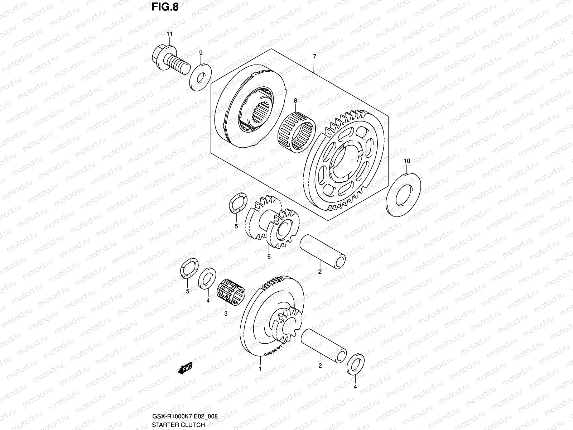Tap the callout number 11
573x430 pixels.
(x=169, y=34)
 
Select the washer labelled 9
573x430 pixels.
(x=201, y=77)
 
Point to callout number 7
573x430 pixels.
(x=314, y=57)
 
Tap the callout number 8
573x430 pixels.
(x=295, y=101)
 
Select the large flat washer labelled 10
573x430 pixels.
(x=404, y=193)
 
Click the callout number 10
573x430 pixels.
(x=406, y=161)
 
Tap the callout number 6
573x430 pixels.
(x=269, y=256)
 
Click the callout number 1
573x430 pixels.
(x=260, y=368)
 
